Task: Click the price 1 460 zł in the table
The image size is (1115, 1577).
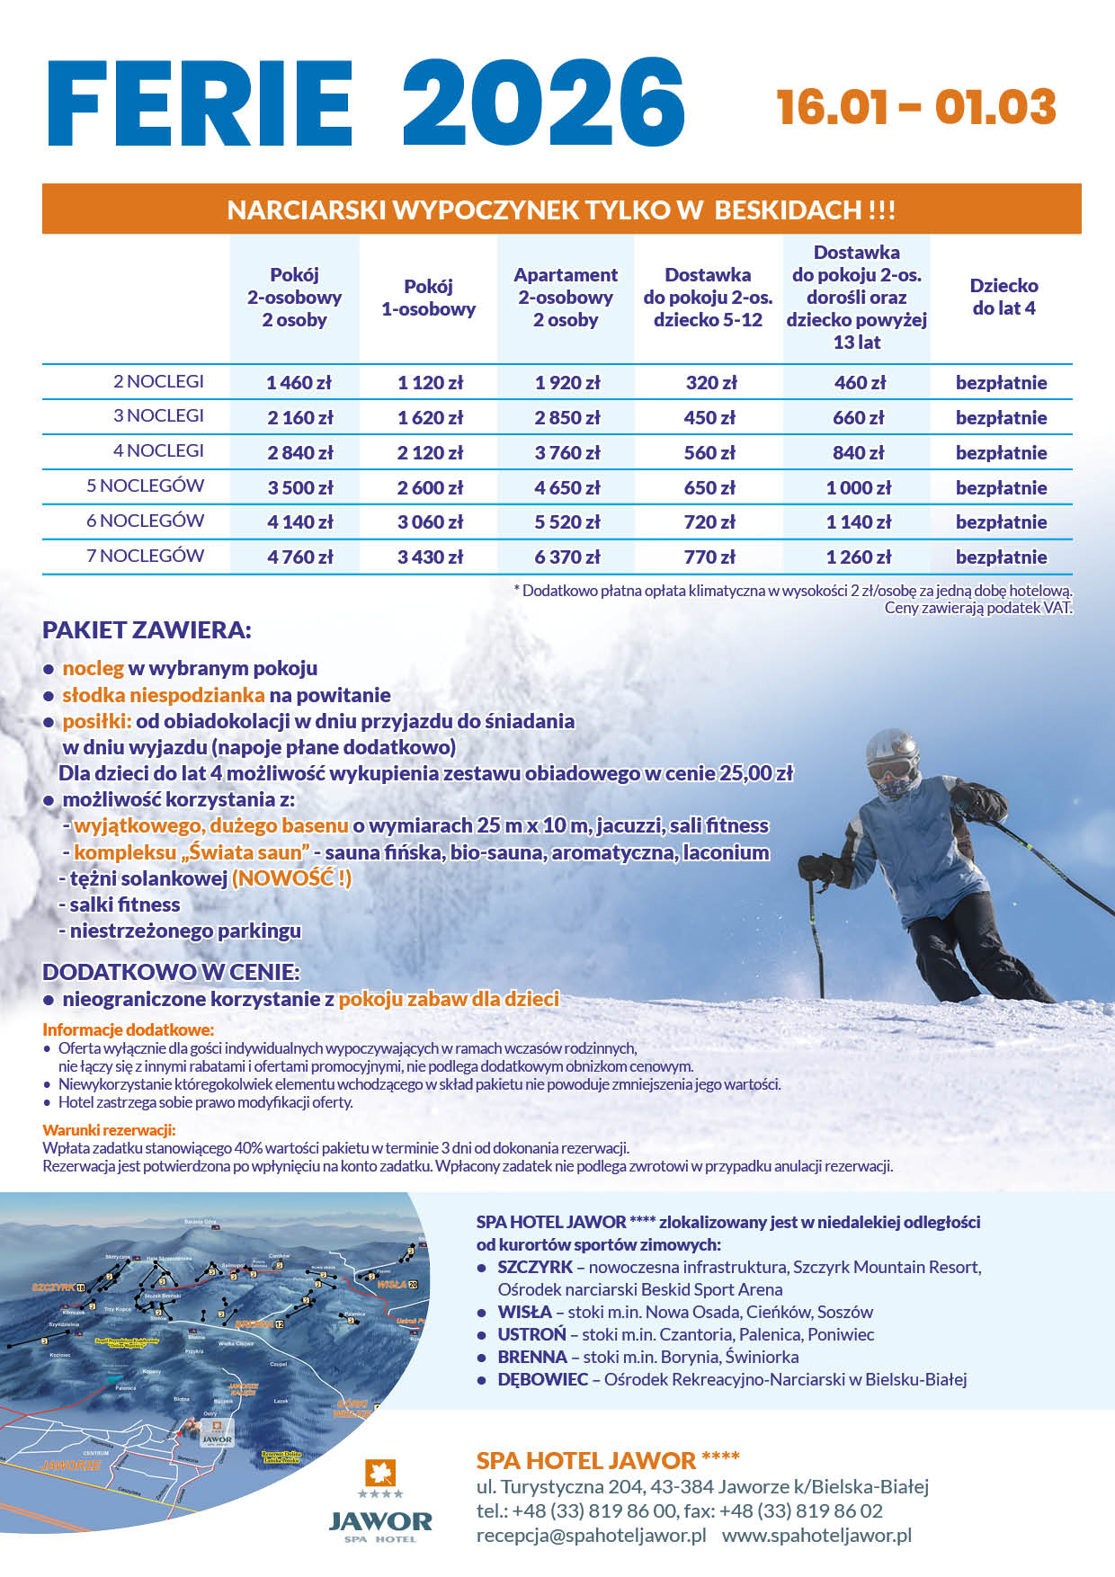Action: (x=299, y=383)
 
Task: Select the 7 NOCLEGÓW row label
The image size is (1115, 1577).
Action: (x=145, y=556)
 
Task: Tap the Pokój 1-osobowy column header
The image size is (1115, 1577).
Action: (x=428, y=298)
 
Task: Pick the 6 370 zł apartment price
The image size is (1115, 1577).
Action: (x=566, y=557)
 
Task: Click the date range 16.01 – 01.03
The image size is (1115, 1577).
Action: (x=915, y=108)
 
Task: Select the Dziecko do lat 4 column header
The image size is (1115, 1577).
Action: (x=1003, y=297)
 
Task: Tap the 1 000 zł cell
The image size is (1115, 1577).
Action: (x=859, y=488)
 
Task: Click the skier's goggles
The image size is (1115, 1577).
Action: (x=890, y=769)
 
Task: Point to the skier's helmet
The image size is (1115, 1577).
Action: (x=892, y=747)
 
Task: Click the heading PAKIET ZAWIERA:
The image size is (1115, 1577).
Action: (x=147, y=630)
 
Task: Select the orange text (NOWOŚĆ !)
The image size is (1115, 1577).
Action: (x=291, y=878)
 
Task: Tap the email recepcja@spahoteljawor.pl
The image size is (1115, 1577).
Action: (x=591, y=1535)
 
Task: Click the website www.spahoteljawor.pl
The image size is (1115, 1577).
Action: (x=816, y=1535)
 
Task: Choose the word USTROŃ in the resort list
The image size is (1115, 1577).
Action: (x=532, y=1334)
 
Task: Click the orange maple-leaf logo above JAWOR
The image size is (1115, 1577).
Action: (x=379, y=1473)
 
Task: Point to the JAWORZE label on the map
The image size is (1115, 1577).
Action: (x=72, y=1465)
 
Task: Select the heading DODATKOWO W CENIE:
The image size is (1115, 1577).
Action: (x=171, y=972)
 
